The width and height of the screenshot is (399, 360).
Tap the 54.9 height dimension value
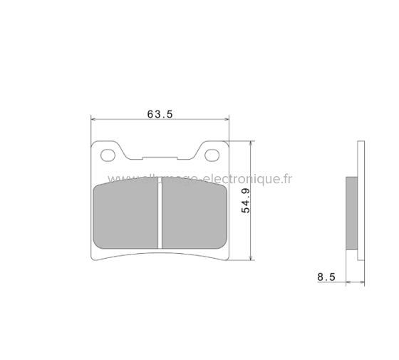[x=244, y=202]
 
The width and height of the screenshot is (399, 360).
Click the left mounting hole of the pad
[x=108, y=155]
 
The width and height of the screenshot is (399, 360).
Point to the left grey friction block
[x=126, y=216]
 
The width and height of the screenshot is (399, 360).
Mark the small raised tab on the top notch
[x=160, y=158]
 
